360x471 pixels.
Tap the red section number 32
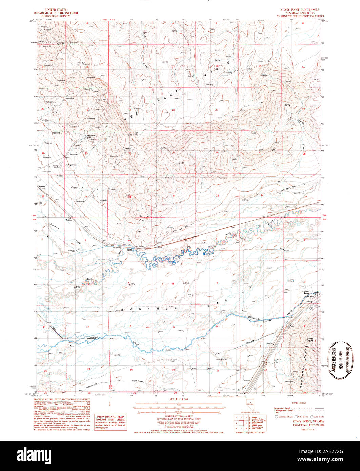coord(174,196)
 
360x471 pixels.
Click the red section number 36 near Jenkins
coord(85,197)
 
